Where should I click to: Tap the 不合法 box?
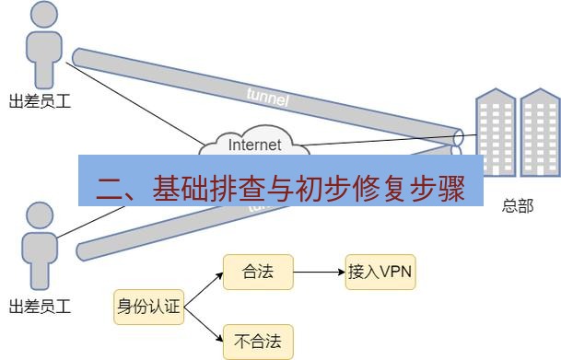tap(258, 342)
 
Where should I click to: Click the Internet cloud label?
tap(255, 144)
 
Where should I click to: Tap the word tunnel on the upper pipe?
tap(268, 95)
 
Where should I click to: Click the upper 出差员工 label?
tap(39, 101)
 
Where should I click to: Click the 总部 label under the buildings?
tap(517, 206)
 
